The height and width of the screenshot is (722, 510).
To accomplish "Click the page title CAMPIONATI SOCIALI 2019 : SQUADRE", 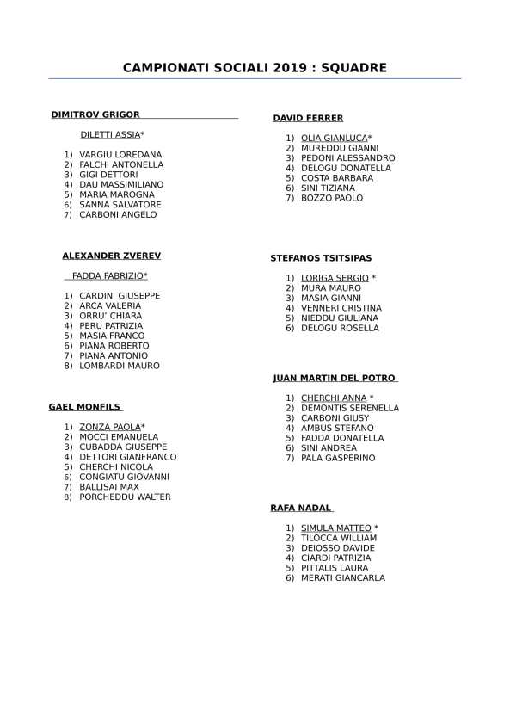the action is (255, 67).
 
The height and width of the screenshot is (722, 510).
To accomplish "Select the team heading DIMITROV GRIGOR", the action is (95, 114).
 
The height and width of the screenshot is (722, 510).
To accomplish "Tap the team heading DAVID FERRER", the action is (308, 119).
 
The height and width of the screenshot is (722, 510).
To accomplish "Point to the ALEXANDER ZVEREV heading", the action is (111, 256).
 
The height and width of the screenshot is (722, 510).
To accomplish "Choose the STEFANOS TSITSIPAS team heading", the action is (321, 258).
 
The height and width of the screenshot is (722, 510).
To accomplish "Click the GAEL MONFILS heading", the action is (84, 407).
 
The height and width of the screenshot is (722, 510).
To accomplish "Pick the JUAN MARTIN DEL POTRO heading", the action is (334, 378).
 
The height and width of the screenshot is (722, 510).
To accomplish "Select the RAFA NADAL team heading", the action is (301, 508).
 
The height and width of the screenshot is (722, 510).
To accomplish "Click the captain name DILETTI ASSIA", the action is (110, 135).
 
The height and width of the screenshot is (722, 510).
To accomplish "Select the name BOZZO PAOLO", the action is (332, 198).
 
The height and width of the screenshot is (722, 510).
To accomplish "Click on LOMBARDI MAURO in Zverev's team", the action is (120, 366).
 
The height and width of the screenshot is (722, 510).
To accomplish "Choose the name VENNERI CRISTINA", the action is (341, 308).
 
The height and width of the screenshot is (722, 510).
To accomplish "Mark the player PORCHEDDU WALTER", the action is (125, 497).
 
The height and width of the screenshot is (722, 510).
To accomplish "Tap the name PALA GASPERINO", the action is (338, 458).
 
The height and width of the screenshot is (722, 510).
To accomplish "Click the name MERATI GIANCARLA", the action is (343, 578).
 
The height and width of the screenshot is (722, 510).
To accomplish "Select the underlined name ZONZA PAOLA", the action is (110, 427).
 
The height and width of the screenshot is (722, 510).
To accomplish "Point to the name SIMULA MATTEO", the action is (336, 528).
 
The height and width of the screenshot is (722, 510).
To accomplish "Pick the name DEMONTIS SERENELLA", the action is (350, 408).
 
